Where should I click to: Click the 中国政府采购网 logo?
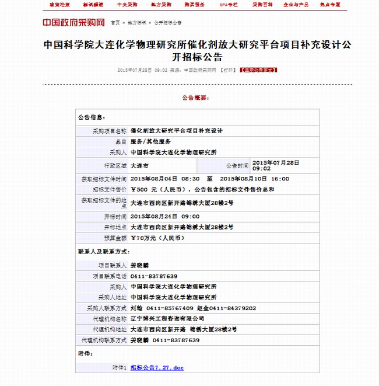click(x=73, y=23)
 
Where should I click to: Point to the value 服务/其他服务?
click(x=150, y=141)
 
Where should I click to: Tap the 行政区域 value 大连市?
click(x=140, y=165)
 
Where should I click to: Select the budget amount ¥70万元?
click(x=157, y=238)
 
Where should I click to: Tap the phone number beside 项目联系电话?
click(x=154, y=276)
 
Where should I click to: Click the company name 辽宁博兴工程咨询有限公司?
click(x=167, y=318)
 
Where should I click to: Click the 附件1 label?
click(x=119, y=367)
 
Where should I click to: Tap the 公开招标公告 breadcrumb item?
click(x=168, y=23)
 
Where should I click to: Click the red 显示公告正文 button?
click(x=258, y=69)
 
